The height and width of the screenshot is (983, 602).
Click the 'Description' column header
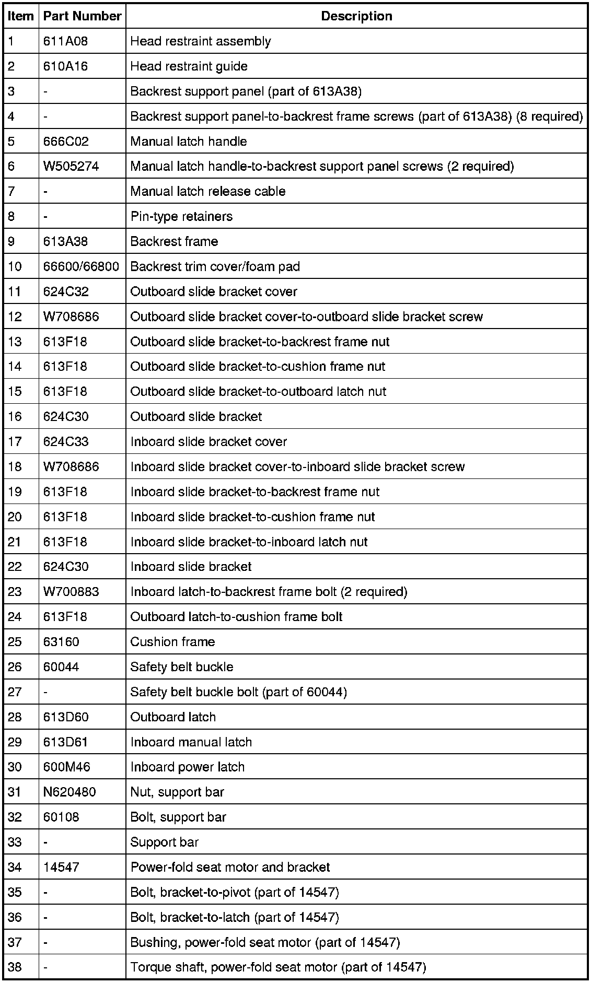click(x=356, y=16)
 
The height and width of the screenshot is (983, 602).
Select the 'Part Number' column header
click(x=82, y=16)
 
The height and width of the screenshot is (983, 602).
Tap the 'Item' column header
click(x=21, y=16)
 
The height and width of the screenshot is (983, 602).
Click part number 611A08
click(x=65, y=41)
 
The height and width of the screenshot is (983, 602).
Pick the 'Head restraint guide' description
click(x=189, y=66)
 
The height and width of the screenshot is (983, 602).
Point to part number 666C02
click(x=66, y=142)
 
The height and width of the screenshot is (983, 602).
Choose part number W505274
click(x=71, y=167)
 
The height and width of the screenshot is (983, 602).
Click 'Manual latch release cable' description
click(x=207, y=192)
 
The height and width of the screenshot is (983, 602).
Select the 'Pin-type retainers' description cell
click(x=181, y=217)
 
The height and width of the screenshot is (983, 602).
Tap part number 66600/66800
click(x=81, y=267)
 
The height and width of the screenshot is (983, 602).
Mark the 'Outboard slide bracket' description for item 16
click(x=196, y=417)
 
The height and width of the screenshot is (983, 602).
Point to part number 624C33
click(x=66, y=442)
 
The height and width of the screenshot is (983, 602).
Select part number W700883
click(x=71, y=592)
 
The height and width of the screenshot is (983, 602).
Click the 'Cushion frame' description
click(x=172, y=642)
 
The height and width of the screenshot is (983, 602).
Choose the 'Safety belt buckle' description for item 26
click(x=181, y=667)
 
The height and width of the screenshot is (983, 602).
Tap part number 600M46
click(x=67, y=767)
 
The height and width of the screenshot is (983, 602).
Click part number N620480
click(x=70, y=792)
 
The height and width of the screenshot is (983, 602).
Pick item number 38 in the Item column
click(x=15, y=967)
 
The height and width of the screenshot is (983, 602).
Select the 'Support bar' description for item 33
click(x=164, y=842)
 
